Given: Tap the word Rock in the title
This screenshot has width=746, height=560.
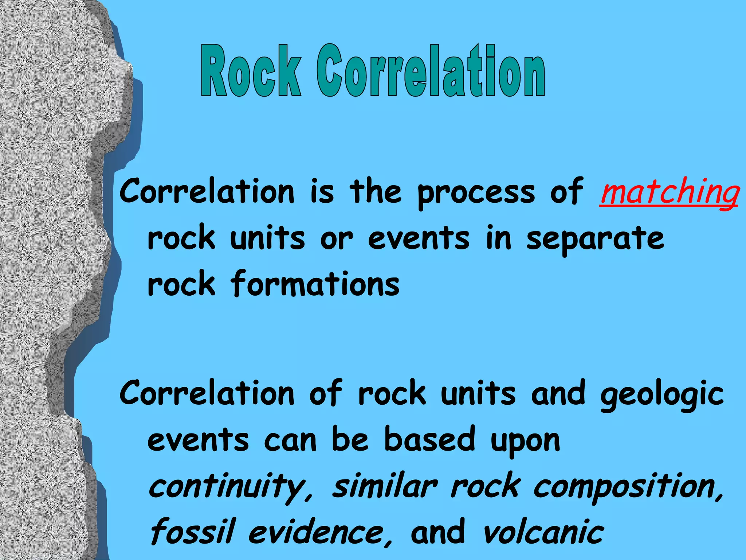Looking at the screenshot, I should [251, 71].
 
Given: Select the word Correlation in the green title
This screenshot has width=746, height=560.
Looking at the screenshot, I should [431, 71].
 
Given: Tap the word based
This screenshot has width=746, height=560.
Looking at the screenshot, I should [430, 439].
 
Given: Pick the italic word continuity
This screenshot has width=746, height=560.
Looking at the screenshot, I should [228, 487].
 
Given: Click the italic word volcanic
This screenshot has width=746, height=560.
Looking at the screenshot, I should [543, 532].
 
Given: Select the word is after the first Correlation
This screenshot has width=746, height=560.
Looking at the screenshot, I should [322, 192].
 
